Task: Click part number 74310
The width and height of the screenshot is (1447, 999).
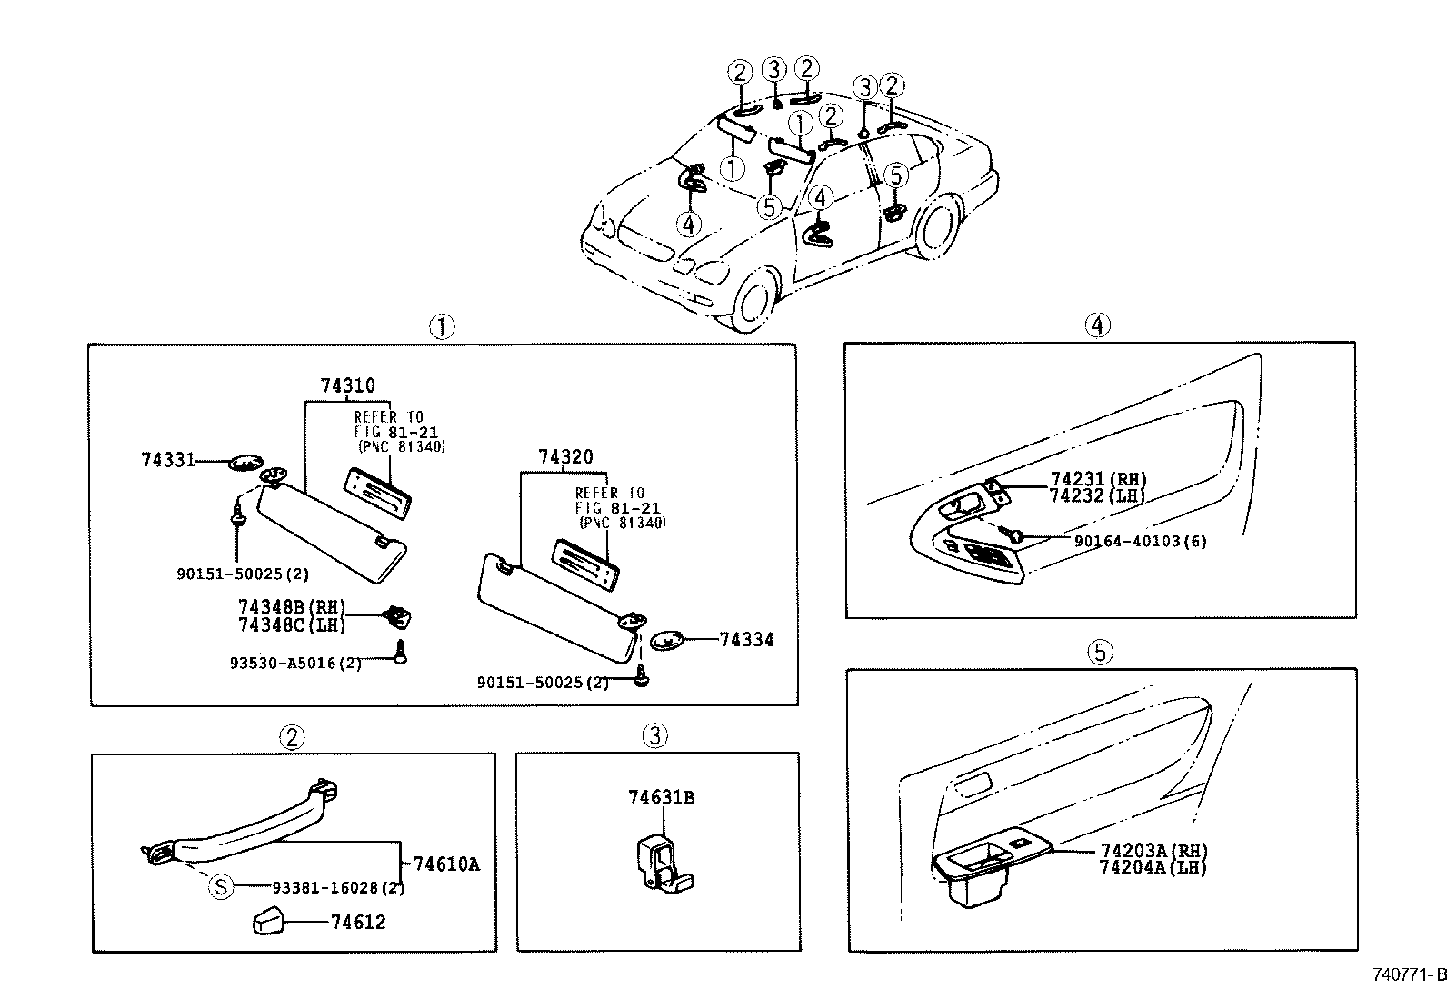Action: tap(347, 385)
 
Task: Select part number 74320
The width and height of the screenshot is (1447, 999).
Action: tap(564, 457)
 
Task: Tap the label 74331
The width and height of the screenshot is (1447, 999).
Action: tap(168, 460)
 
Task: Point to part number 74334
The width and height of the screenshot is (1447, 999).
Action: tap(746, 640)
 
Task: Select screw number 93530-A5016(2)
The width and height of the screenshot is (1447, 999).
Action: tap(295, 663)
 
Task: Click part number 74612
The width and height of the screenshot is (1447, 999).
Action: tap(358, 922)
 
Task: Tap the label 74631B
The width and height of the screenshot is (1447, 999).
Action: tap(662, 797)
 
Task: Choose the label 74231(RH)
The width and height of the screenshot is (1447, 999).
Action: tap(1098, 479)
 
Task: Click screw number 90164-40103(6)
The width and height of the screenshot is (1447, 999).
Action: tap(1141, 541)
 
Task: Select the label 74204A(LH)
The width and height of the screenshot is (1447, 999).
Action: tap(1153, 867)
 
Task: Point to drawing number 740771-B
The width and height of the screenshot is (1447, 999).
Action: tap(1408, 974)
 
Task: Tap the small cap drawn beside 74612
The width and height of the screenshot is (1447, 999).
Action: tap(267, 922)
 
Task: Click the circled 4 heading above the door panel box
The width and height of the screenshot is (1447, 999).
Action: tap(1098, 325)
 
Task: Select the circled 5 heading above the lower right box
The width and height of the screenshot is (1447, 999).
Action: tap(1100, 651)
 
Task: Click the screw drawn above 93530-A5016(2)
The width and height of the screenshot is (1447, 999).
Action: tap(400, 651)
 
